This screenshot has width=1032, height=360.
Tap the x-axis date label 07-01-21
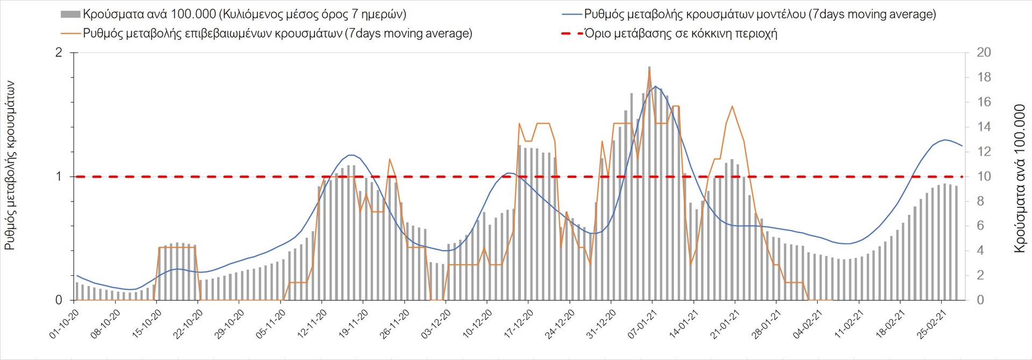point(642,324)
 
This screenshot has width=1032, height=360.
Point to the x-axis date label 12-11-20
point(312,324)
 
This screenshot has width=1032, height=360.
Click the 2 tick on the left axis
point(59,53)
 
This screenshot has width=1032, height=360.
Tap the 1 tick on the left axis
point(59,176)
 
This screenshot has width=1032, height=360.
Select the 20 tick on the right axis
point(984,53)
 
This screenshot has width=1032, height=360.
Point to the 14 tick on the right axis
point(984,127)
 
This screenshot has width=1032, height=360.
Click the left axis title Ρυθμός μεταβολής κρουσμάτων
point(10,165)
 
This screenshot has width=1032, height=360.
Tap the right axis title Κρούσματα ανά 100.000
point(1019,178)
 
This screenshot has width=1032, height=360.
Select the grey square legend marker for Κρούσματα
point(70,15)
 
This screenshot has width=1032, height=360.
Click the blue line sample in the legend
point(572,15)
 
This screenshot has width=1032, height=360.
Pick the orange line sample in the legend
point(71,33)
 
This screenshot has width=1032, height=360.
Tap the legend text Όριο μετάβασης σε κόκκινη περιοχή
point(680,33)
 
